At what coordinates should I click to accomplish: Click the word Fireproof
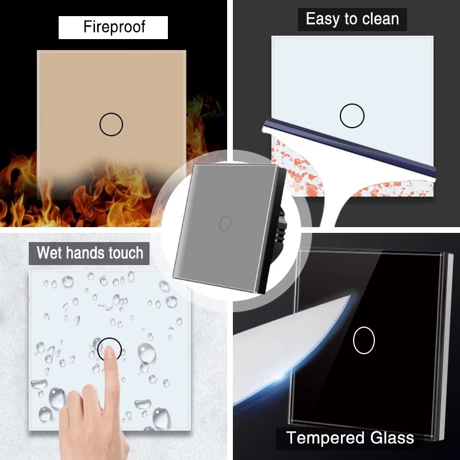coord(114,26)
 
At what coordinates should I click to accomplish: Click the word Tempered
coord(325,438)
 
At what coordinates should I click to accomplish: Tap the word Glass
coord(392,438)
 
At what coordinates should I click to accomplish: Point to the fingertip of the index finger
coord(109,350)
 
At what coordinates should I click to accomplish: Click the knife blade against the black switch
coord(293,346)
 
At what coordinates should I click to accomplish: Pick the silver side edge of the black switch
coord(448,346)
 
